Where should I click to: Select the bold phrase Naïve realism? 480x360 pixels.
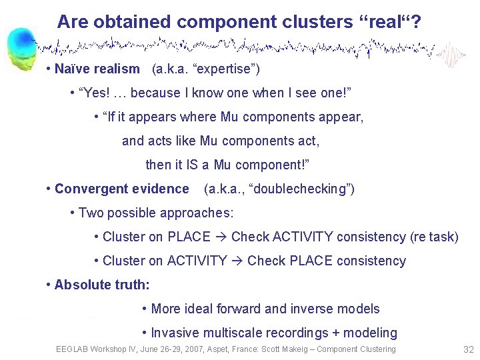(97, 69)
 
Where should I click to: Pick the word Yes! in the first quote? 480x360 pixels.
(97, 93)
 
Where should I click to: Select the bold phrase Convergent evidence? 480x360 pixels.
(122, 189)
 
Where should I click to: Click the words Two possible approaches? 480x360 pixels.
(156, 213)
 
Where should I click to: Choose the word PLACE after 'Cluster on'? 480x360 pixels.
(189, 237)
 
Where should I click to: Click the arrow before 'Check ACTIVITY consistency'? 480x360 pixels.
(221, 237)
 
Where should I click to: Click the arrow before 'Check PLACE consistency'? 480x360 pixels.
(237, 261)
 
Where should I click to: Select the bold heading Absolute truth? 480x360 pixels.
(102, 285)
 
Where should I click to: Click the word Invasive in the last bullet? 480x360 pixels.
(173, 333)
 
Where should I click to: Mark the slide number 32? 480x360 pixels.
(467, 349)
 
